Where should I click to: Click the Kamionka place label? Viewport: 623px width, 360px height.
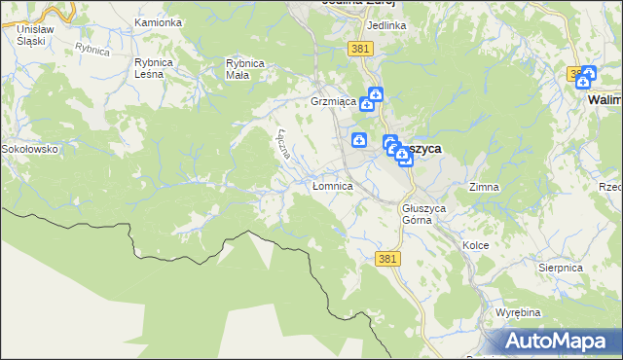click(159, 21)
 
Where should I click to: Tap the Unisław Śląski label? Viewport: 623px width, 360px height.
click(34, 36)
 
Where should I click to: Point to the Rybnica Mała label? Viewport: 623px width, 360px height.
click(245, 68)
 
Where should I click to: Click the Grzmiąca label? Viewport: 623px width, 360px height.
click(330, 101)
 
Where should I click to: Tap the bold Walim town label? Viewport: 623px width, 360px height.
click(605, 99)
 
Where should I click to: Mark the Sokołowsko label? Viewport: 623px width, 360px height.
click(30, 149)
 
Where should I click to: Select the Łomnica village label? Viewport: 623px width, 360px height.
click(332, 185)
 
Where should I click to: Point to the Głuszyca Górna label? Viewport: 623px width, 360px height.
click(423, 213)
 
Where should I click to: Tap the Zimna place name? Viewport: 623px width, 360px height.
click(484, 186)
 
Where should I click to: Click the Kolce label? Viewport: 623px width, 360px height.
click(475, 246)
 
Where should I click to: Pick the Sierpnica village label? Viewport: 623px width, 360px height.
click(560, 266)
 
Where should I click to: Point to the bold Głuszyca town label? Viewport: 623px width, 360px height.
click(422, 148)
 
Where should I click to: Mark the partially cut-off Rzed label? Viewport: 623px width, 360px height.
click(610, 186)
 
